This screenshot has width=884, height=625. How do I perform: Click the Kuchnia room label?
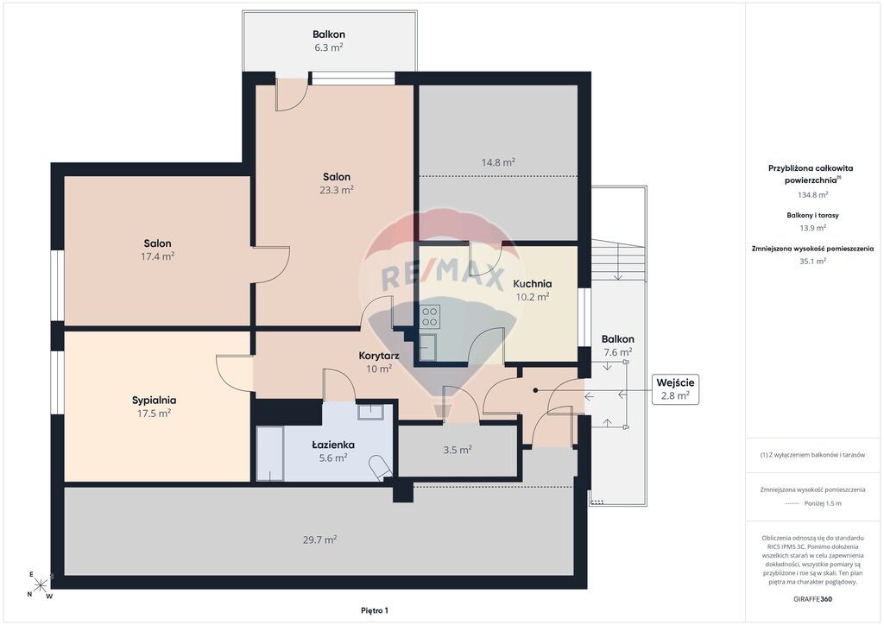[532, 283]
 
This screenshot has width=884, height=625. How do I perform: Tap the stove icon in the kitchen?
[430, 316]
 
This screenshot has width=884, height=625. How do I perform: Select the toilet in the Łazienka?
[381, 467]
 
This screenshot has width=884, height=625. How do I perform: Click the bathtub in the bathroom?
[270, 454]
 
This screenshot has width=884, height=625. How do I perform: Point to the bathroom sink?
[370, 411]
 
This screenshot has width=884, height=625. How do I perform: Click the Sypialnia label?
[154, 401]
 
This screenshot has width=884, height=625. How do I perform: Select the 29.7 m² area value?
[319, 540]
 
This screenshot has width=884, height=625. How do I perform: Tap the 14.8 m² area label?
[498, 162]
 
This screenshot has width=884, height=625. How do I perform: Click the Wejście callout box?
[675, 388]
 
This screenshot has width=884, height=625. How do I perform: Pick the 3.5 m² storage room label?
[458, 450]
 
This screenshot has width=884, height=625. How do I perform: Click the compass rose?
[41, 585]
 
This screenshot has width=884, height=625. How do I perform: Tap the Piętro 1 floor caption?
[375, 610]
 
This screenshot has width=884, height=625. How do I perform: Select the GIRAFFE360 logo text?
[811, 599]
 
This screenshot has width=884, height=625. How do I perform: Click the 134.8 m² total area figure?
[812, 195]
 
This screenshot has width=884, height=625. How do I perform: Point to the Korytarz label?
[379, 356]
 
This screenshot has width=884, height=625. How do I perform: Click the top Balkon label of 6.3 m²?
[329, 35]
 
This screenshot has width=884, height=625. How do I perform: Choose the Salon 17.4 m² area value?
[157, 256]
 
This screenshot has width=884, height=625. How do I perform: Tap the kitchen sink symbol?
[428, 347]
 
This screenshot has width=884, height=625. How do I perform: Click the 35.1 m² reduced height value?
[812, 262]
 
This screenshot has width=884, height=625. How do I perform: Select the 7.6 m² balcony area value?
[618, 352]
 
